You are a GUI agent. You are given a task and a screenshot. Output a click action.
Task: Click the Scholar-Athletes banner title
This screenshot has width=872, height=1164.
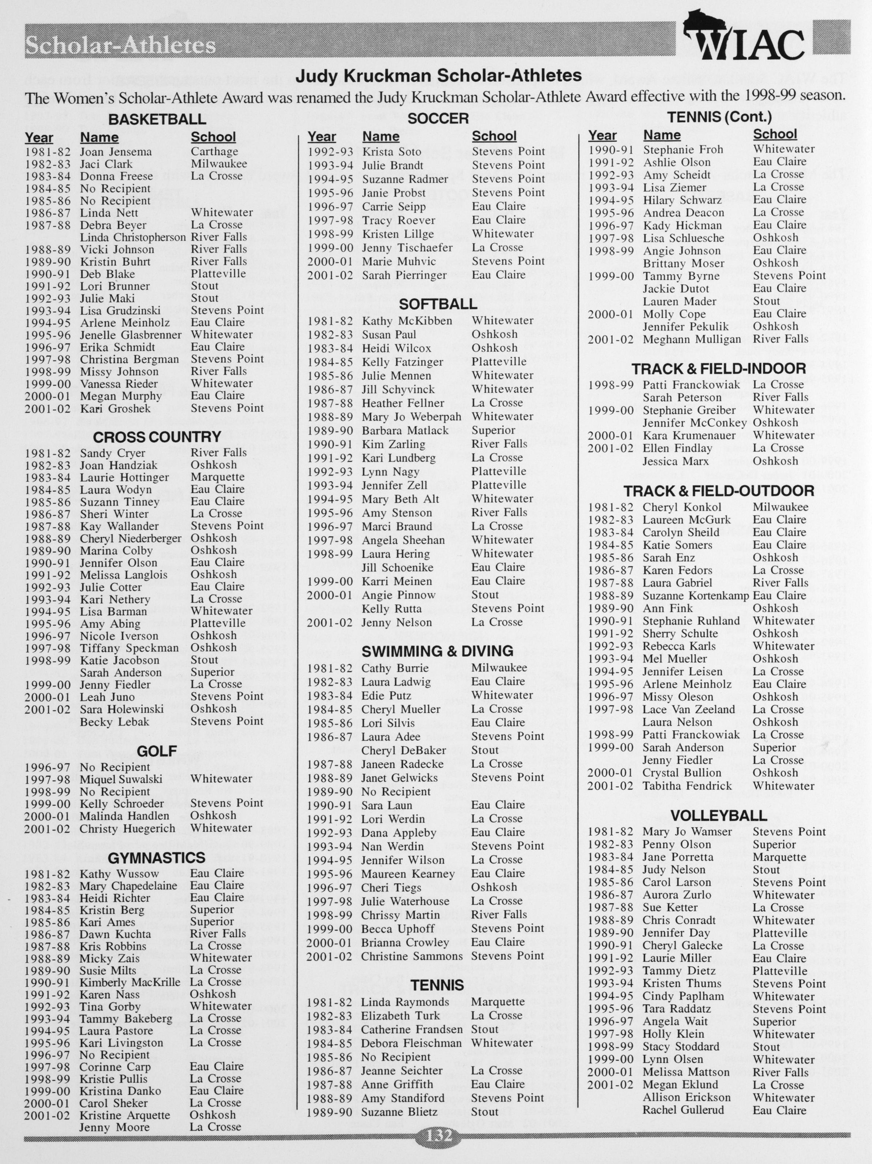tap(120, 46)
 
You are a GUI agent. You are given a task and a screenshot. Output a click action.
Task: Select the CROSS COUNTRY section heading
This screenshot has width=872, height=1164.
tap(157, 437)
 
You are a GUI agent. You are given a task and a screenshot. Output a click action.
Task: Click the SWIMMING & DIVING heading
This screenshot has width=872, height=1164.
tap(437, 651)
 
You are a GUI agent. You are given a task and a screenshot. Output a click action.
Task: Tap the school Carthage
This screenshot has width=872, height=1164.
tap(214, 152)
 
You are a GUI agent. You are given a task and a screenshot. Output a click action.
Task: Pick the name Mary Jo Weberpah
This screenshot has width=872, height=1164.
tap(411, 417)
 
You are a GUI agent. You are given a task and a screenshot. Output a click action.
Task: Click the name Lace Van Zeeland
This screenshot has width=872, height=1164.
tap(688, 709)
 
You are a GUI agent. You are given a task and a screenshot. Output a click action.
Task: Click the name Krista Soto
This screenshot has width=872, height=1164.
tap(392, 152)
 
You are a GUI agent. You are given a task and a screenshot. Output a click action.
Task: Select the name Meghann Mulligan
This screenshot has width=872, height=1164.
tap(692, 339)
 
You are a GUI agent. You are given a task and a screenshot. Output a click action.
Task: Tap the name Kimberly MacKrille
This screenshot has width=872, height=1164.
tap(130, 982)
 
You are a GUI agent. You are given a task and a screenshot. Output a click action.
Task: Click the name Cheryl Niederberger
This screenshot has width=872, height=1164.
tap(131, 538)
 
